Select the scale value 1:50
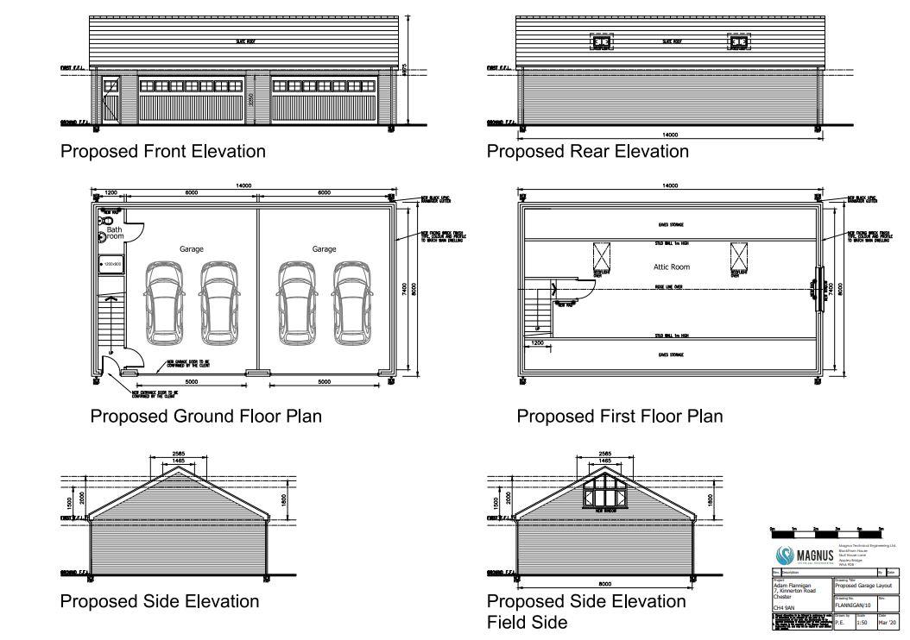tap(861, 622)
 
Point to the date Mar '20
tap(888, 622)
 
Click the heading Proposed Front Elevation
tap(162, 152)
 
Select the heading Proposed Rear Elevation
tap(588, 152)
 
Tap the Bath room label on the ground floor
tap(115, 232)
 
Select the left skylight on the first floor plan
tap(601, 257)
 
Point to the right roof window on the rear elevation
tap(739, 41)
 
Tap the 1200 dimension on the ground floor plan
tap(111, 192)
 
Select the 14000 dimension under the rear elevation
tap(669, 135)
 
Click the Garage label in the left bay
tap(192, 249)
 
